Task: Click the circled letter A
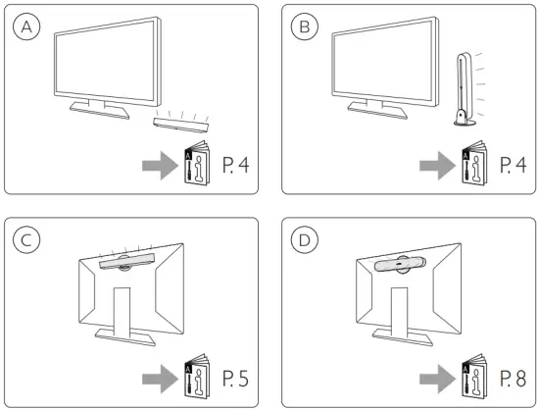coord(27,27)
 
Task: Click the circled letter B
coord(306,27)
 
